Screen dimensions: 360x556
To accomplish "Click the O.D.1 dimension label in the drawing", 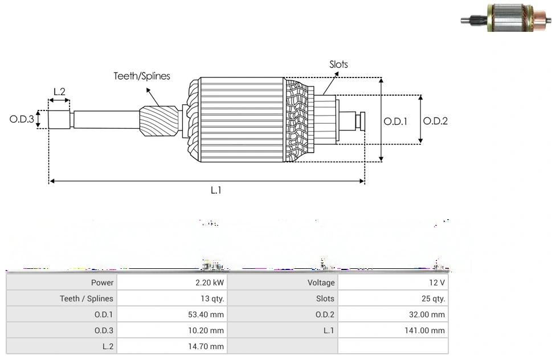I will [x=395, y=121].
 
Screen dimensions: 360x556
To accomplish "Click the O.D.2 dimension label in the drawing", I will [x=436, y=121].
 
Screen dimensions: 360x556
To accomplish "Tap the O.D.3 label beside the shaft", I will [x=22, y=120].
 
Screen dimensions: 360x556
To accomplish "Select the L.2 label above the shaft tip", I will [x=59, y=91].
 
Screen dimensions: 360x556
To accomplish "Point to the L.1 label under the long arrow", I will [x=216, y=191].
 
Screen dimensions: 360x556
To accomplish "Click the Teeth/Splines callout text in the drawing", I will [x=142, y=76].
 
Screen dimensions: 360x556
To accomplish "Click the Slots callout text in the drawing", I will [x=338, y=64].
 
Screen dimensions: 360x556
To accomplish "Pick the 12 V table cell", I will [x=438, y=283].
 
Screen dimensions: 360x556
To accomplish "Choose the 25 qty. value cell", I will [x=434, y=298].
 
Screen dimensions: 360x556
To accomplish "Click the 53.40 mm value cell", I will [x=209, y=314].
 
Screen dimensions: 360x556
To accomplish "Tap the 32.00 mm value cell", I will [x=430, y=314].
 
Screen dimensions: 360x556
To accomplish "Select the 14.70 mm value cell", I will [x=209, y=346].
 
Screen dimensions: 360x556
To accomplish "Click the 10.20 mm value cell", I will [x=209, y=330].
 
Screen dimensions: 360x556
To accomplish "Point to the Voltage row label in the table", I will [x=321, y=283].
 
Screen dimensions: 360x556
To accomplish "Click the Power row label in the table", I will [x=102, y=283].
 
